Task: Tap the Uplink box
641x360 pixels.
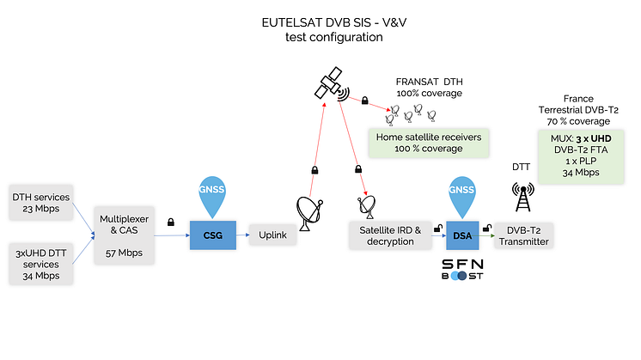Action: pyautogui.click(x=272, y=233)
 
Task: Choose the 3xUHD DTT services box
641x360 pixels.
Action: pyautogui.click(x=40, y=263)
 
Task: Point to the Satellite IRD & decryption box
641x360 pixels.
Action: pyautogui.click(x=388, y=235)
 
